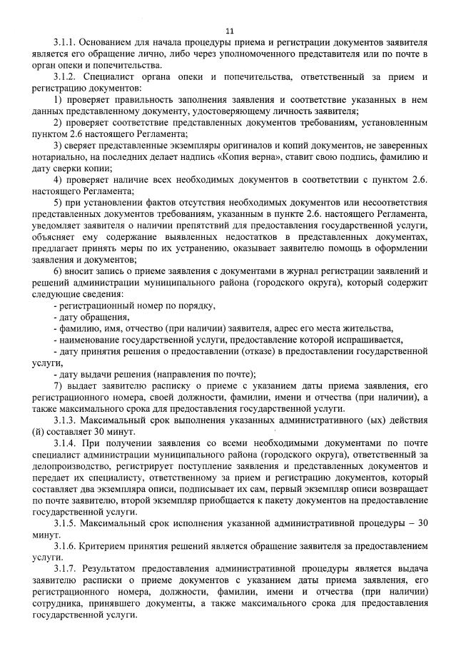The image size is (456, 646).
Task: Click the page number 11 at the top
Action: [228, 31]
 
